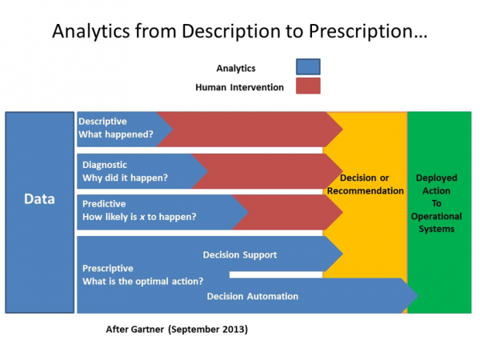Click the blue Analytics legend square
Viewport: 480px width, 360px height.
coord(308,67)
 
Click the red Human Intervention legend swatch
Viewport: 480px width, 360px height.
coord(308,86)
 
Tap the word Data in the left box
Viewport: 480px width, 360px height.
coord(38,198)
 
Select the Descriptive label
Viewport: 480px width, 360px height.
coord(102,121)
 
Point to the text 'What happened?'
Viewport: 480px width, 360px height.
coord(115,134)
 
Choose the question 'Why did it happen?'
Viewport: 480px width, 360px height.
coord(125,177)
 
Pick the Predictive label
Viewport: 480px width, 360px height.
coord(104,204)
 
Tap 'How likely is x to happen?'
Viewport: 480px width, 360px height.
coord(139,217)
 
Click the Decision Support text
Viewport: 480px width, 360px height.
coord(240,255)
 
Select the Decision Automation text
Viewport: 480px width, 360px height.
coord(252,296)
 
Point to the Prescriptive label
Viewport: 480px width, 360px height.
coord(108,268)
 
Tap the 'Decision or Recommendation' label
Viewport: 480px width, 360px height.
coord(366,184)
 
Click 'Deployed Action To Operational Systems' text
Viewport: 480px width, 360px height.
coord(438,203)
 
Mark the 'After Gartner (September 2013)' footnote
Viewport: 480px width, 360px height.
coord(177,329)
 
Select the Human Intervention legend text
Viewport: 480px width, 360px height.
coord(239,87)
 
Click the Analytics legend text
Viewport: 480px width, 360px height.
coord(236,68)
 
